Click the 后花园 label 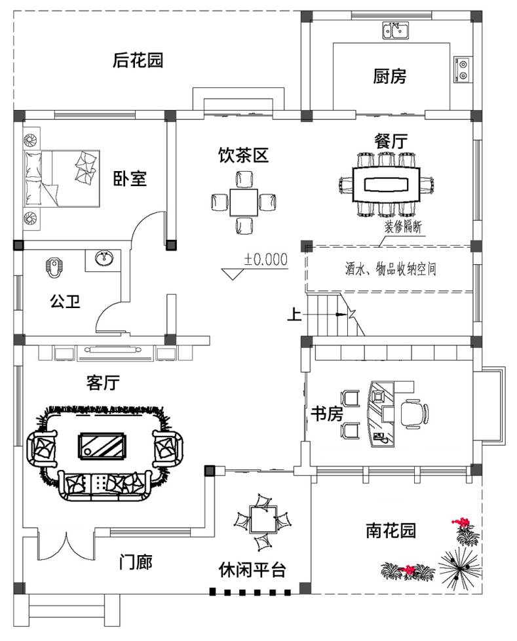click(x=138, y=61)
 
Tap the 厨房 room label click(x=390, y=76)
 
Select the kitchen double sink click(x=396, y=29)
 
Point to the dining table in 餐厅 click(x=387, y=184)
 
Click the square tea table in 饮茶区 click(x=243, y=202)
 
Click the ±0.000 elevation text click(x=266, y=260)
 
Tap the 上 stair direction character click(x=294, y=315)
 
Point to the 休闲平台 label click(x=252, y=570)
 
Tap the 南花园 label click(x=391, y=530)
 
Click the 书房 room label click(x=326, y=414)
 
